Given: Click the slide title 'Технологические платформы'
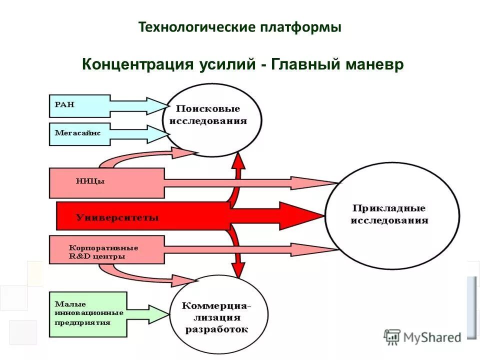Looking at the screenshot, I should point(240,27).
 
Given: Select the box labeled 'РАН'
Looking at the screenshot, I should point(79,105).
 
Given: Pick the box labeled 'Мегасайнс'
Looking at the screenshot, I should point(79,133).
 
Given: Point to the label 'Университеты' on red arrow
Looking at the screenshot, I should point(117,217).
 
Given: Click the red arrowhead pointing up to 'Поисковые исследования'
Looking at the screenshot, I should point(239,161).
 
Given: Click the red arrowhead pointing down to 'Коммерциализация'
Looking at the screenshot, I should point(239,269).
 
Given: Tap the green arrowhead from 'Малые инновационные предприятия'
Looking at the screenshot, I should point(162,314).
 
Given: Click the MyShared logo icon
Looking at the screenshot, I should point(392,337).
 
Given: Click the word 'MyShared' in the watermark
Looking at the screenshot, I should point(432,338).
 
